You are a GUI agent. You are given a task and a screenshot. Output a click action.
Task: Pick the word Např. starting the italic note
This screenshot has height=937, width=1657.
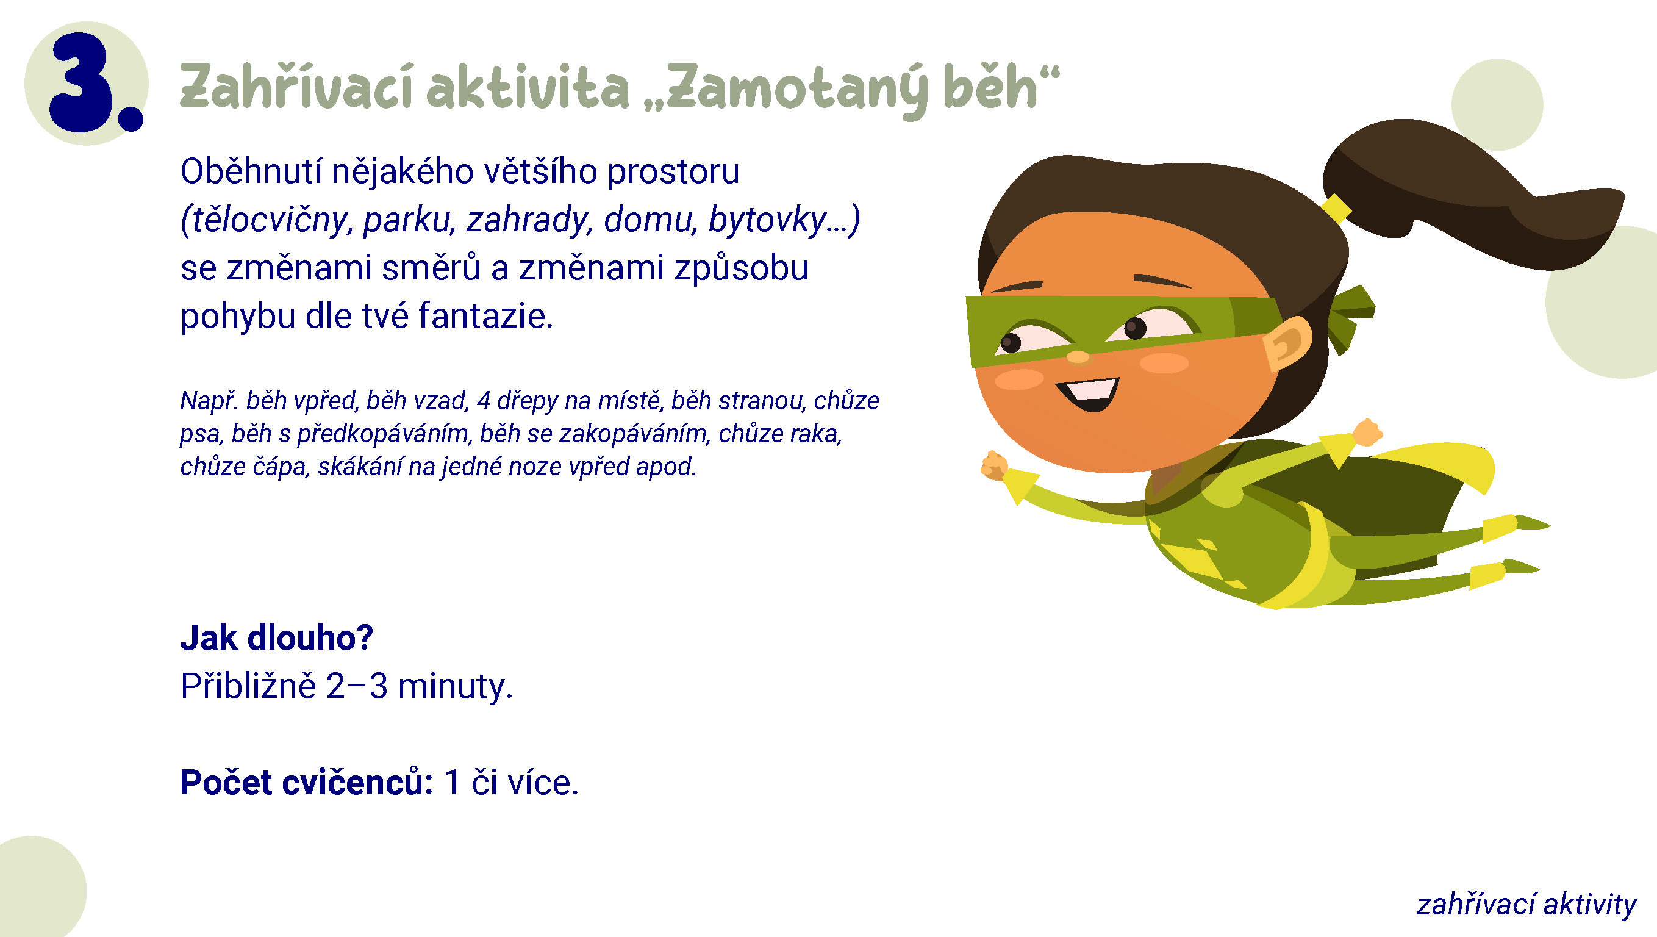point(209,401)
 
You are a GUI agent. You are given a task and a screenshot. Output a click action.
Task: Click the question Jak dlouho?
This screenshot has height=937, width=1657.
point(277,637)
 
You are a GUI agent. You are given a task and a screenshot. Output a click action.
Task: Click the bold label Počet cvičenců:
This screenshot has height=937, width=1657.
point(307,783)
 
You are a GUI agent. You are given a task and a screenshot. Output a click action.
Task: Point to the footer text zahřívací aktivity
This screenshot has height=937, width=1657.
point(1526,904)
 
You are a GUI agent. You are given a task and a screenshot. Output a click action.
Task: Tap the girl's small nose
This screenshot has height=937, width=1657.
point(1078,356)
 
